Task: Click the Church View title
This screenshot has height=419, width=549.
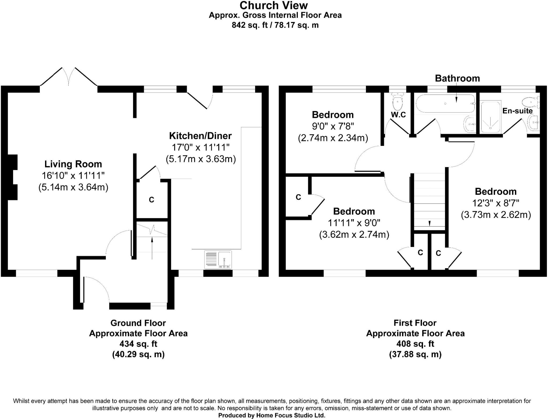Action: (274, 5)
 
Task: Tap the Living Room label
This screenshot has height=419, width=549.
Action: (73, 164)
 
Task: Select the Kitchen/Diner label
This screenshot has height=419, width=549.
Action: (200, 136)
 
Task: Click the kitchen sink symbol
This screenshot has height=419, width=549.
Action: (218, 259)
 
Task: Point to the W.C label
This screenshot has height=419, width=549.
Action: (398, 115)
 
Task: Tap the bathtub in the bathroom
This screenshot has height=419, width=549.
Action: (445, 103)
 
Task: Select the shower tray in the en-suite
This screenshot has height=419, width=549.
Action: (491, 117)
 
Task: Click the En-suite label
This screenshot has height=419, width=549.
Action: (517, 111)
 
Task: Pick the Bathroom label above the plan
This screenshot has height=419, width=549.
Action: (457, 78)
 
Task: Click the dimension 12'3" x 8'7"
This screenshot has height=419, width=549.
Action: (496, 203)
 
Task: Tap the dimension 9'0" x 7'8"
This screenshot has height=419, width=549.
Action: (333, 126)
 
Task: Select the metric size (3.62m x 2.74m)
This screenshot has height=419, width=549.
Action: (354, 235)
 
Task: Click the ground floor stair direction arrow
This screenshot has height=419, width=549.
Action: (152, 248)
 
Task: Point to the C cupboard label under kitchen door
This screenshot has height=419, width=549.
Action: (151, 200)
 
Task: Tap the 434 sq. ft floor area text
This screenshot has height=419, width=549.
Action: (138, 344)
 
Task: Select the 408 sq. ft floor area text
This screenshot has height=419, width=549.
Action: (415, 344)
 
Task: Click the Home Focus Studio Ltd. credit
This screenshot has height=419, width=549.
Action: (272, 416)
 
